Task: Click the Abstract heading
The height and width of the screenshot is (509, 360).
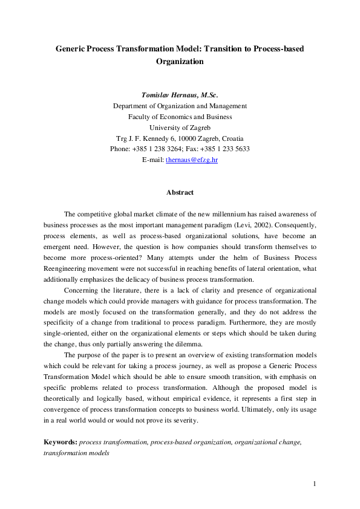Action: [180, 192]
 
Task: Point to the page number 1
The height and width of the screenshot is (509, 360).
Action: [315, 484]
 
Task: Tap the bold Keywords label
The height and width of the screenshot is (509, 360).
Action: [60, 442]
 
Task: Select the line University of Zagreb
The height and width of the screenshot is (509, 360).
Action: [180, 127]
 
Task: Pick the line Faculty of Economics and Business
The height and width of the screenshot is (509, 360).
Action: [180, 117]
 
